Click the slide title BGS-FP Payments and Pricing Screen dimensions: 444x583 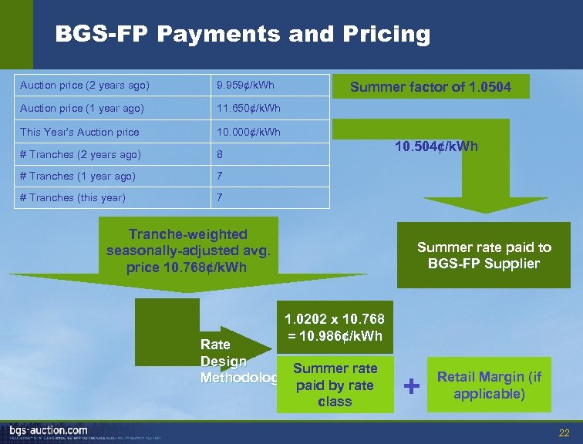click(x=243, y=34)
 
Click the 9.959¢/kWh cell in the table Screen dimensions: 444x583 click(x=244, y=84)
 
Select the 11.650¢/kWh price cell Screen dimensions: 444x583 click(x=248, y=108)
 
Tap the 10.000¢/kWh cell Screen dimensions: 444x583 click(x=248, y=132)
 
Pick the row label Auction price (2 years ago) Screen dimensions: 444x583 click(x=85, y=84)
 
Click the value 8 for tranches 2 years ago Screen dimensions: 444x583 click(x=220, y=154)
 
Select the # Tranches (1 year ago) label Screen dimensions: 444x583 click(x=77, y=176)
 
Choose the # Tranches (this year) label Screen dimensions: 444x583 click(x=72, y=197)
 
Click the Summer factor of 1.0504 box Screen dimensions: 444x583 click(x=430, y=87)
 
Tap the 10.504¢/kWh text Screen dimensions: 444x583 click(x=436, y=146)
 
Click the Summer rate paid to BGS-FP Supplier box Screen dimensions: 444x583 click(x=484, y=255)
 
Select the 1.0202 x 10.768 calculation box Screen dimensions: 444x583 click(x=335, y=328)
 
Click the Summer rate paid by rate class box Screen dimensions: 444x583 click(x=335, y=385)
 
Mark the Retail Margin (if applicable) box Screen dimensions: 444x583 click(x=490, y=385)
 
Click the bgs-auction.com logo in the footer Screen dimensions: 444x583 click(x=48, y=430)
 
